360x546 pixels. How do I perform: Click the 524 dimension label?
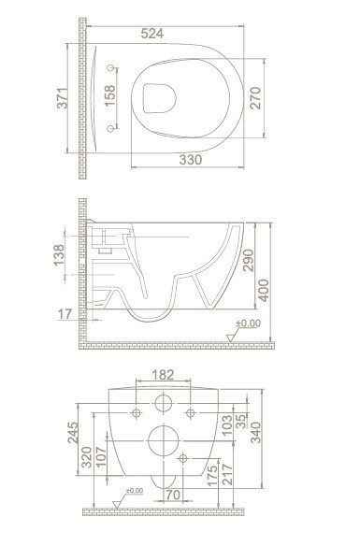(x=152, y=34)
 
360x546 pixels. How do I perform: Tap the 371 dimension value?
(x=63, y=98)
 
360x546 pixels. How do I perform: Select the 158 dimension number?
(x=109, y=96)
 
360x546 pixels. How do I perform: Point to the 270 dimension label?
(x=255, y=98)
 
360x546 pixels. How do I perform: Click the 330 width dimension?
(x=191, y=160)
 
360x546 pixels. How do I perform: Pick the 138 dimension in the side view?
(x=59, y=255)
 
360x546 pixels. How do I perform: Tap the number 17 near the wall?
(x=65, y=314)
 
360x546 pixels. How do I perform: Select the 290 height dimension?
(x=249, y=261)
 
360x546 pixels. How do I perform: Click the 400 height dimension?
(x=264, y=291)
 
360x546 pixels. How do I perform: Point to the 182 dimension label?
(x=163, y=375)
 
